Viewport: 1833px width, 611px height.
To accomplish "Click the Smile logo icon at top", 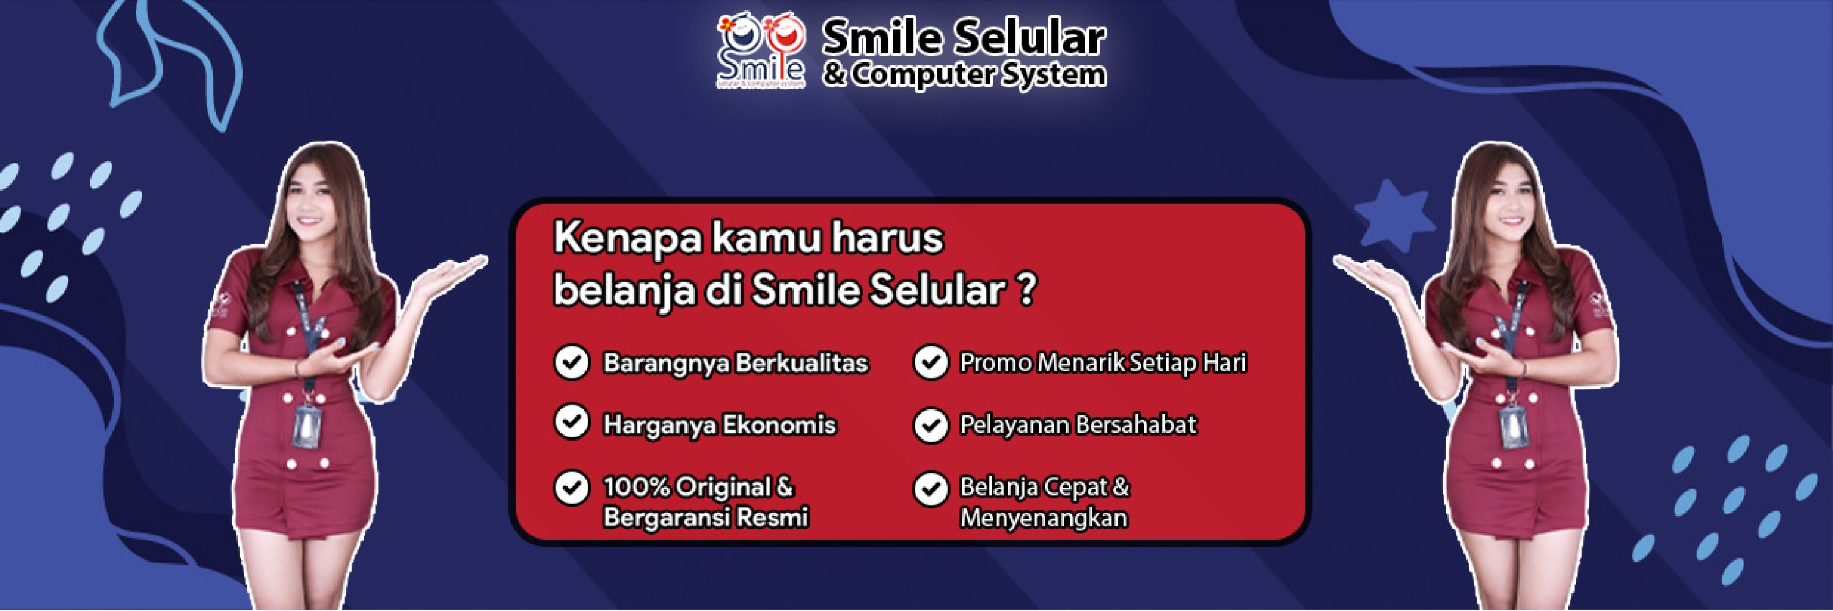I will tap(760, 53).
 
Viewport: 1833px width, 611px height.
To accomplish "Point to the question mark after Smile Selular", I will tap(1025, 290).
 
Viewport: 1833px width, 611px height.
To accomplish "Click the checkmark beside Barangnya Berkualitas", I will tap(571, 362).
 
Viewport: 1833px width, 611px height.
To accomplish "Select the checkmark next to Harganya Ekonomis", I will tap(571, 423).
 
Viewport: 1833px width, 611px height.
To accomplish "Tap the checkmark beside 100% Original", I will tap(571, 488).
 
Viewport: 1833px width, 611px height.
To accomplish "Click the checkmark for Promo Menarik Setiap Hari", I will tap(931, 362).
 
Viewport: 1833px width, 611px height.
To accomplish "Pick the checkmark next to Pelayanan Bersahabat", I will tap(931, 425).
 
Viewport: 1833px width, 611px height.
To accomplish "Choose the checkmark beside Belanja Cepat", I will tap(931, 489).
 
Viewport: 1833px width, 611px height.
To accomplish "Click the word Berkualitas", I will tap(801, 363).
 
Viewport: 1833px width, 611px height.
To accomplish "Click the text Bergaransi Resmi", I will tap(705, 517).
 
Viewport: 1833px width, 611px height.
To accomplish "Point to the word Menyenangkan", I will tap(1043, 517).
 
